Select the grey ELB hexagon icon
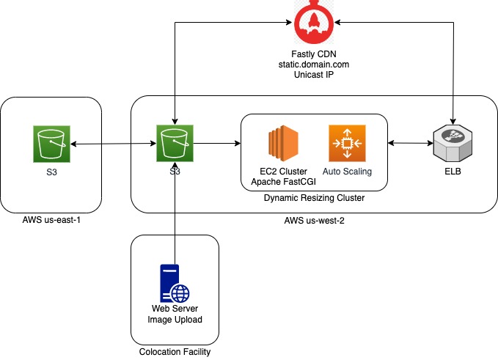(452, 144)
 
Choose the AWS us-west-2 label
(314, 220)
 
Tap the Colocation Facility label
(175, 352)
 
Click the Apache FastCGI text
(282, 181)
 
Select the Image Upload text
(175, 319)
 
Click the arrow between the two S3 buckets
(113, 144)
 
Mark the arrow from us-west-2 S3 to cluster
(217, 144)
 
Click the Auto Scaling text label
(346, 172)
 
